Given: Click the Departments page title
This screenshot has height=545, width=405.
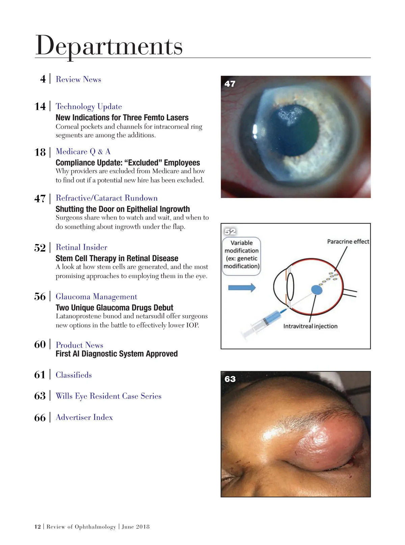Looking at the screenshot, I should [109, 46].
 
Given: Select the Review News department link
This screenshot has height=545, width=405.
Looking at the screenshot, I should [78, 79].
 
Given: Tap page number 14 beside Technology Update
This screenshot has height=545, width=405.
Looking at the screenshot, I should [40, 106].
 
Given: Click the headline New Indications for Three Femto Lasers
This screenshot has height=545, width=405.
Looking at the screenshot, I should [122, 118].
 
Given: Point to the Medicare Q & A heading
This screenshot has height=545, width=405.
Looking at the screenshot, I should [83, 152].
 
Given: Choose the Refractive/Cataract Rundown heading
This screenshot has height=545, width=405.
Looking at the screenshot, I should [107, 198].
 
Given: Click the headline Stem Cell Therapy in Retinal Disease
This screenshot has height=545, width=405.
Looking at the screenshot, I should [117, 258].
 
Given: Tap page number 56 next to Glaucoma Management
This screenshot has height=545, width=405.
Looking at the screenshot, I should [40, 297].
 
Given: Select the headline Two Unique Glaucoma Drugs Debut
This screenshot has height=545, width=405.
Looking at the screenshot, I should [114, 308].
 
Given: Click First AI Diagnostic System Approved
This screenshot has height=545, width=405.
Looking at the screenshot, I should [116, 354].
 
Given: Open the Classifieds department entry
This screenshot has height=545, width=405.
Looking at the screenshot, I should [74, 375].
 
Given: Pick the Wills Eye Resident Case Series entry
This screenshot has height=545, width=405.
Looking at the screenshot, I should [108, 396].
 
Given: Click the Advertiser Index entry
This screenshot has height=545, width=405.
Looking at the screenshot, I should [84, 417].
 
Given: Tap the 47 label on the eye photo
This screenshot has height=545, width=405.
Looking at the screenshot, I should [230, 84].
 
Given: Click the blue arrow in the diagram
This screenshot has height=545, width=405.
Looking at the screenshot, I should [242, 288].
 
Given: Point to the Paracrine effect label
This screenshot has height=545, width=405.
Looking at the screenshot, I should [348, 242].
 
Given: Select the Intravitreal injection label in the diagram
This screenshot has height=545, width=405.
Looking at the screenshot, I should [310, 326].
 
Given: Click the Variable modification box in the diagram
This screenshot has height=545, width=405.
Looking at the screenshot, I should [241, 254].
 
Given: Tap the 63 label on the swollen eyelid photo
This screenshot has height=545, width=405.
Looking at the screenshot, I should [230, 379].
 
